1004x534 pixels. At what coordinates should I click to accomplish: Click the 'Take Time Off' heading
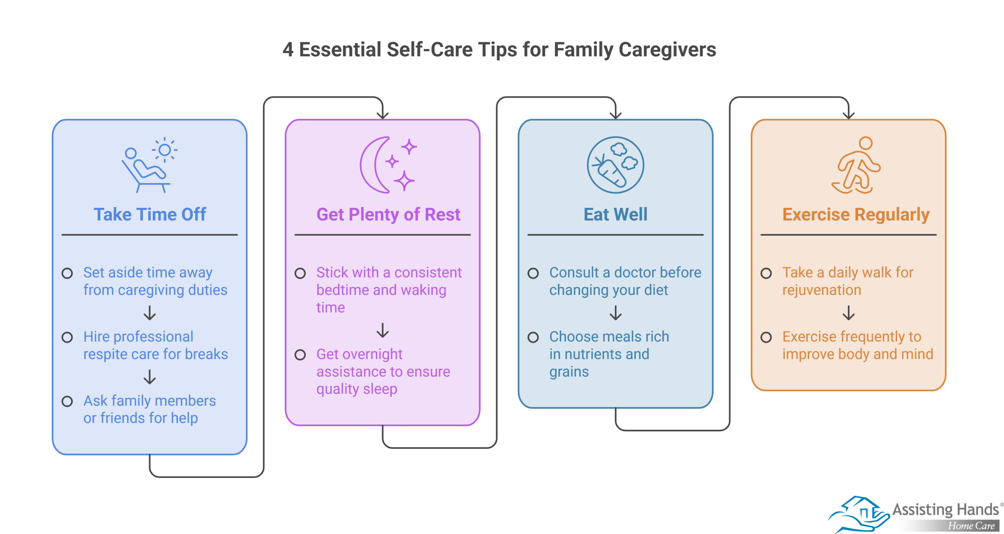point(150,214)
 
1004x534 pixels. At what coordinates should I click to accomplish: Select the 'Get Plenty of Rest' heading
point(388,214)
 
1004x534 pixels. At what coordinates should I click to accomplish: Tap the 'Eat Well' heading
point(615,214)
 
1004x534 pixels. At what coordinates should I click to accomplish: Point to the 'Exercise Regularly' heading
point(856,214)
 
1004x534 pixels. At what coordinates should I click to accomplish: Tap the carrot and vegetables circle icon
point(615,165)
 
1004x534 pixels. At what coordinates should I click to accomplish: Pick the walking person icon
point(856,165)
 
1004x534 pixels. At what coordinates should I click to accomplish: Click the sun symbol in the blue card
point(165,150)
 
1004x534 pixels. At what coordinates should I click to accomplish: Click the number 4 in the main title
point(288,50)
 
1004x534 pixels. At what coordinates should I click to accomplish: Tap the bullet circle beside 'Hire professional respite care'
point(67,337)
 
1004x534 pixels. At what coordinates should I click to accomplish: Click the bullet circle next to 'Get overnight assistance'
point(300,355)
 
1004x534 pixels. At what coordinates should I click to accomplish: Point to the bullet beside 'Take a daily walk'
point(766,273)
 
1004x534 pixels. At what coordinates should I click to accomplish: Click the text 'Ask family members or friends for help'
point(149,409)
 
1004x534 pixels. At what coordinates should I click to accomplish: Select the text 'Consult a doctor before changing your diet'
point(625,281)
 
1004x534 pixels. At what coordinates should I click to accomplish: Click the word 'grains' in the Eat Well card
point(569,372)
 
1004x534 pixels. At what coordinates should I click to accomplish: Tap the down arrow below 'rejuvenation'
point(849,313)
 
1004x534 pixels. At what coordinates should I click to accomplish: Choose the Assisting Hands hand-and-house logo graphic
point(859,514)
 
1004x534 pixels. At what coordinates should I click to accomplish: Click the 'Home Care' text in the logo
point(971,526)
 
